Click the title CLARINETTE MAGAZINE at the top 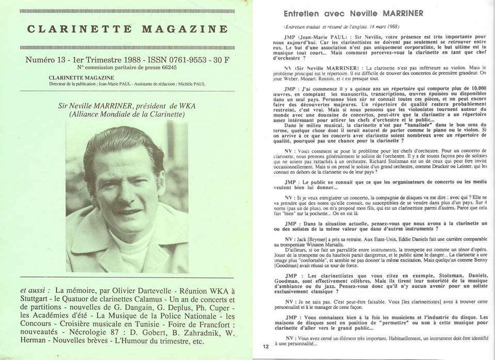(126, 29)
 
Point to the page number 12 (266, 347)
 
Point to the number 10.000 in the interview (466, 89)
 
